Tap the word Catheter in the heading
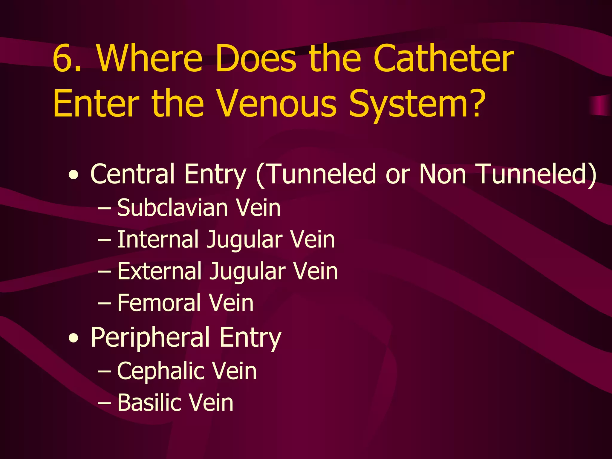click(443, 58)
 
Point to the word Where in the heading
click(149, 58)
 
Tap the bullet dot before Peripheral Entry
click(74, 339)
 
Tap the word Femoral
click(158, 303)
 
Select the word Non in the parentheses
click(443, 174)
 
